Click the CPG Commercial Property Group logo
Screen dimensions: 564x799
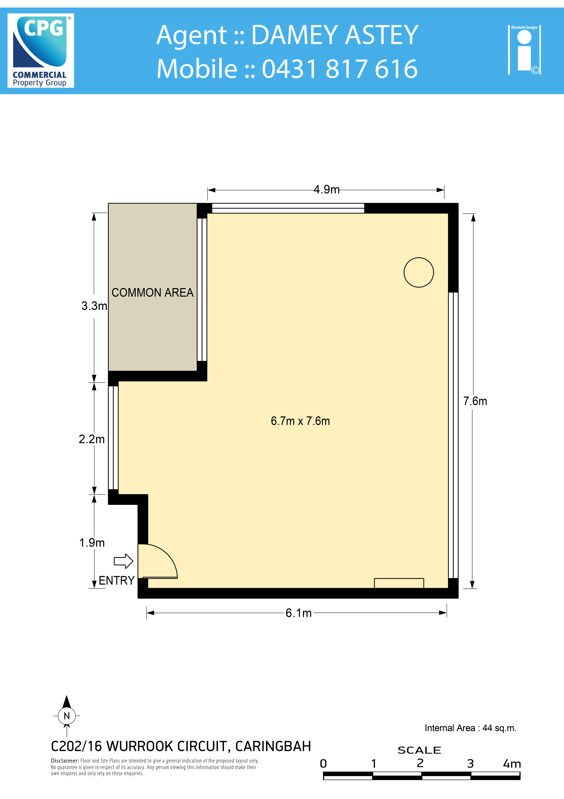(x=41, y=51)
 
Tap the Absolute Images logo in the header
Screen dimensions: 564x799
(x=524, y=50)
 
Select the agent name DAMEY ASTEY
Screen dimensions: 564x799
(x=335, y=35)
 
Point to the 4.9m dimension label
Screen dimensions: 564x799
(x=327, y=190)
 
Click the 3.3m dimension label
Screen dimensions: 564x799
(x=94, y=306)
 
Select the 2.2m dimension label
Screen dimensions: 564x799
(x=92, y=439)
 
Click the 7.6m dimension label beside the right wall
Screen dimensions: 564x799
(x=475, y=401)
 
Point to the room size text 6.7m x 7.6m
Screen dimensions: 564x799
(x=300, y=421)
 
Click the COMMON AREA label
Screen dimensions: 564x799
(x=153, y=293)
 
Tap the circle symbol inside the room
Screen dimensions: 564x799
(x=419, y=273)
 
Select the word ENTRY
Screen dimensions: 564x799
(x=116, y=580)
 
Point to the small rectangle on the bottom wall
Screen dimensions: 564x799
(x=399, y=583)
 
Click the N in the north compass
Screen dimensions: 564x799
(x=67, y=716)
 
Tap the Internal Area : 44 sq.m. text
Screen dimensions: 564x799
(x=471, y=728)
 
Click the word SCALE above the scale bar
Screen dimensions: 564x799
(x=419, y=750)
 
